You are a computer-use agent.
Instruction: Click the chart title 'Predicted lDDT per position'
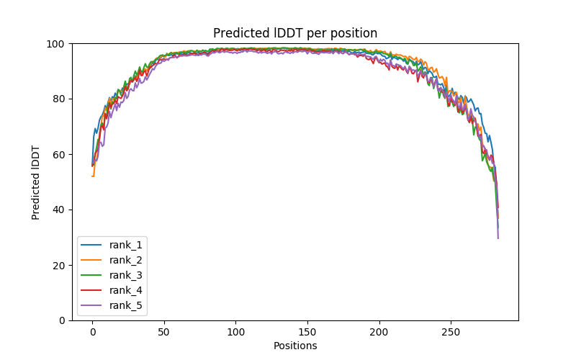295,33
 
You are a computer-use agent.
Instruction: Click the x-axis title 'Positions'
295,346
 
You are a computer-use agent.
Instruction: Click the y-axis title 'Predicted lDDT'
36,182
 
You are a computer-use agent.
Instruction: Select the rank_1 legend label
126,245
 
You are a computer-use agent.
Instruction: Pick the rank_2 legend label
126,260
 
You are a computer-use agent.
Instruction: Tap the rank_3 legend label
126,275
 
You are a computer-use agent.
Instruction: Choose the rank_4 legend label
126,290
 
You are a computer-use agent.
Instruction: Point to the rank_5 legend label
126,305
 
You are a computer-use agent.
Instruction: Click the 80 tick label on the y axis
58,99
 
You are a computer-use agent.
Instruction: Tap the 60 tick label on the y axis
58,155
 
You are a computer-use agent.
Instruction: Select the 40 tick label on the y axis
58,210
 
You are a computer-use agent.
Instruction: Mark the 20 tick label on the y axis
58,265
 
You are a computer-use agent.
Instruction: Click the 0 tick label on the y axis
61,320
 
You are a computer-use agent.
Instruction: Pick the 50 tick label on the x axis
164,332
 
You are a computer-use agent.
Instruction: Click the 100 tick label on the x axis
235,332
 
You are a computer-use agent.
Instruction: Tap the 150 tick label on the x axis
307,332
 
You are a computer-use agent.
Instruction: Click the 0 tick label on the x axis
92,332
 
